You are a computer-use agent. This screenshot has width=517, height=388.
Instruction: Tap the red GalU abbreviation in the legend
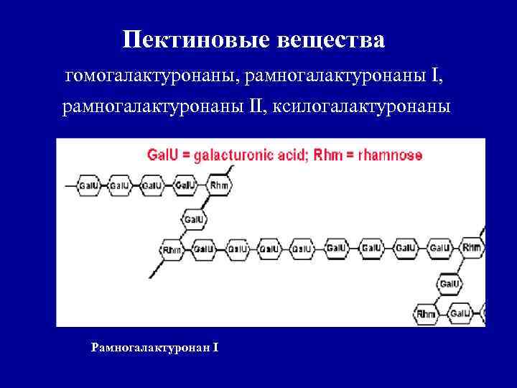[162, 154]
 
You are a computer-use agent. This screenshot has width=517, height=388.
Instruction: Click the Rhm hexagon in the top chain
[219, 186]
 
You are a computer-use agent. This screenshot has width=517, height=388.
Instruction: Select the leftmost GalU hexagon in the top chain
[88, 186]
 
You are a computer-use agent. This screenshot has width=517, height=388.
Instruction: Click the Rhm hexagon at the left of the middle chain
[172, 249]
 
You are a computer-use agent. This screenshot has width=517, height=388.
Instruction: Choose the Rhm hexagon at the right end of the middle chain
[472, 249]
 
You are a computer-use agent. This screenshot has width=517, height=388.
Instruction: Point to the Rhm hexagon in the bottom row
[426, 313]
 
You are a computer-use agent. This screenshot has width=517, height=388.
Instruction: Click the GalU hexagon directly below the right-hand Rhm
[450, 283]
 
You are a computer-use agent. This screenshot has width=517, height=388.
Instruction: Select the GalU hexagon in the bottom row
[459, 313]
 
